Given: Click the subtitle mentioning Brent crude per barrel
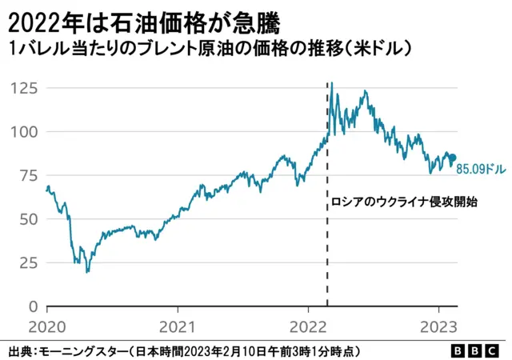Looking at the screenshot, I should (210, 48).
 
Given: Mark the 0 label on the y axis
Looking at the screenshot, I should (33, 306).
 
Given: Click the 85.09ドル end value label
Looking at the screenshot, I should (481, 170).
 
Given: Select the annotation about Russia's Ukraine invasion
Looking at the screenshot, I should (404, 202).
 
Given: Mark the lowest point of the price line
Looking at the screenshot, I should (86, 272).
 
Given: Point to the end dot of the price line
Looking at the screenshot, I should (453, 158).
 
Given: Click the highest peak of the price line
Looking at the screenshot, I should (332, 83).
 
